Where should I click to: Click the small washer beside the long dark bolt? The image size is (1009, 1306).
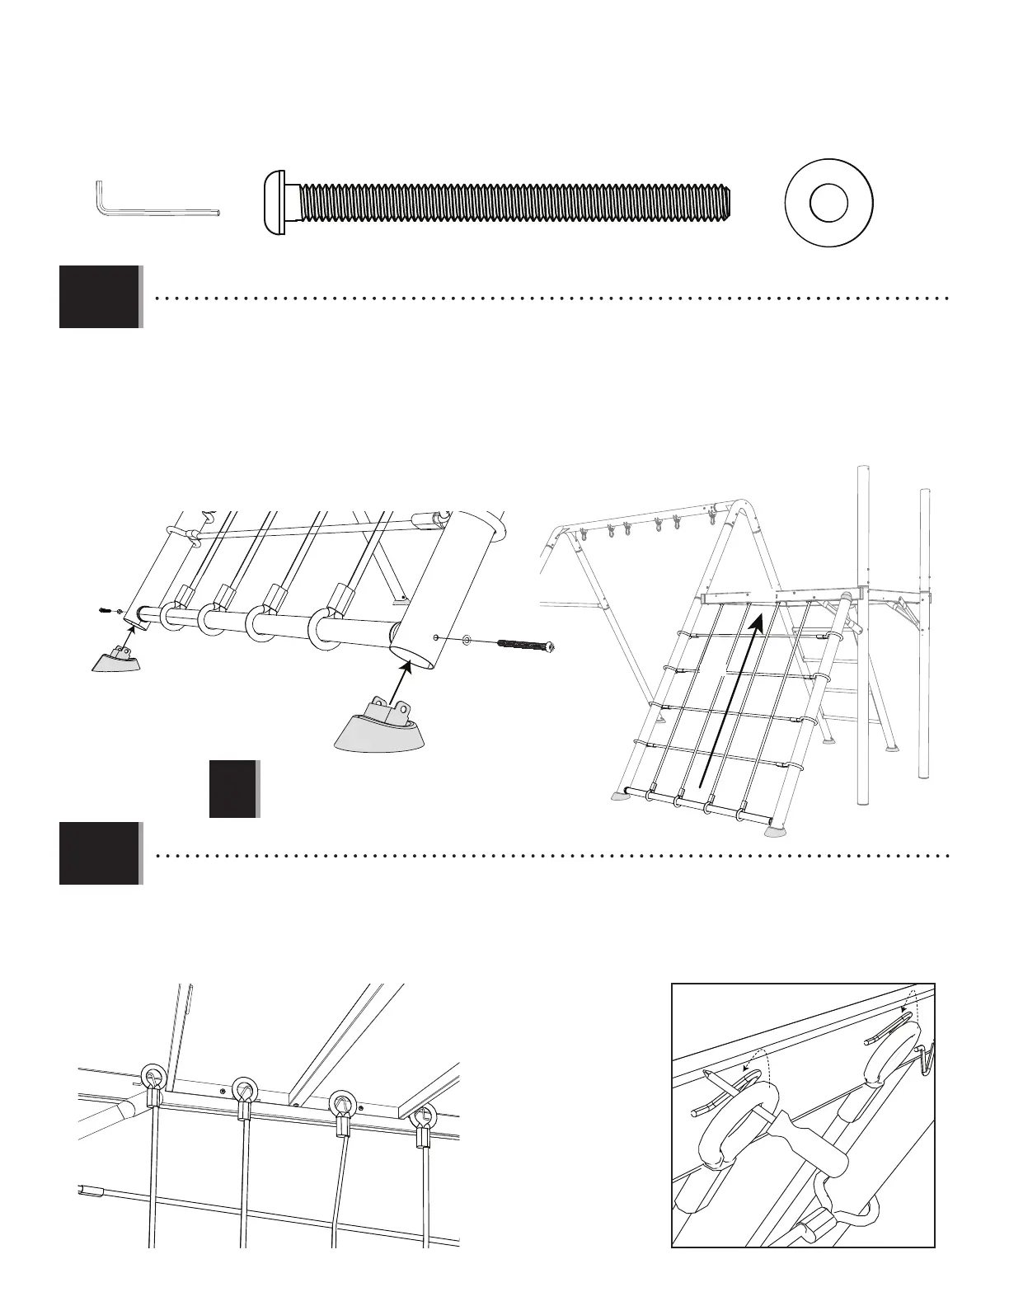(x=467, y=637)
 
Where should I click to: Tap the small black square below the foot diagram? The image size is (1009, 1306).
(x=232, y=789)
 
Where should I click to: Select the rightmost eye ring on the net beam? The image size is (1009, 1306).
(x=425, y=1117)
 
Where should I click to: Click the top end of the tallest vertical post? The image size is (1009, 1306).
(x=863, y=469)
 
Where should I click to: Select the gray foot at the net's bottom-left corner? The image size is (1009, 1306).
(x=623, y=796)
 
